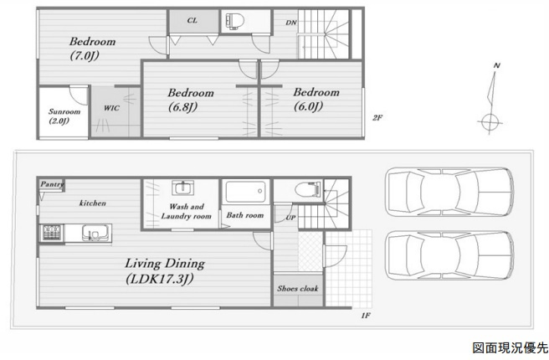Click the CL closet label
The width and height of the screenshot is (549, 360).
(x=192, y=20)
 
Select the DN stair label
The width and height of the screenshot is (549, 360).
(x=291, y=23)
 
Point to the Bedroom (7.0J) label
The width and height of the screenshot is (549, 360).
(x=92, y=49)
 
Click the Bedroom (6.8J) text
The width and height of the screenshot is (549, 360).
(x=191, y=100)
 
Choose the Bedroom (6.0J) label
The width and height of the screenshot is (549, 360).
(x=316, y=99)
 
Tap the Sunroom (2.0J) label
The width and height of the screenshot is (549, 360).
(x=64, y=116)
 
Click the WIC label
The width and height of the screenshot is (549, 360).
(x=111, y=108)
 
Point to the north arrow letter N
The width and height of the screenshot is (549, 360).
(x=497, y=65)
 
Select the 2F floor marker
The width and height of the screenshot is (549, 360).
(x=377, y=118)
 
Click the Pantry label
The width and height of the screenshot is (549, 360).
(x=52, y=184)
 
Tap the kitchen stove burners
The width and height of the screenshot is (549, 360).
(x=52, y=233)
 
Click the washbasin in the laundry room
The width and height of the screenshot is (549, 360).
(x=182, y=188)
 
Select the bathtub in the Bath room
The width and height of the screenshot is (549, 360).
(x=245, y=191)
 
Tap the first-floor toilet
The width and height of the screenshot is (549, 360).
(x=307, y=189)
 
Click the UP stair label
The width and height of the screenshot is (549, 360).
(x=290, y=218)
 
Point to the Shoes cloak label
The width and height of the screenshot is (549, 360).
(x=298, y=288)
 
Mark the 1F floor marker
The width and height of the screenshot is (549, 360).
(x=366, y=316)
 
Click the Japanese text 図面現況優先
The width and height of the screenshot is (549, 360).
(x=510, y=347)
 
